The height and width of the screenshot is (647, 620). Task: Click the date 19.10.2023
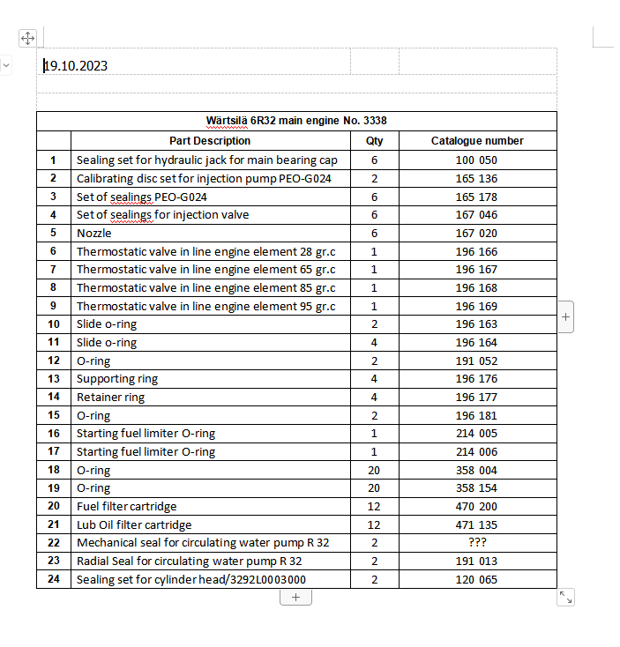click(x=76, y=65)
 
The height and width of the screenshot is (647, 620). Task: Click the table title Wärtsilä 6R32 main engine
click(x=296, y=121)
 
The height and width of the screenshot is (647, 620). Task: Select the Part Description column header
click(x=210, y=140)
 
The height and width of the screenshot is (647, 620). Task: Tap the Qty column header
click(x=374, y=140)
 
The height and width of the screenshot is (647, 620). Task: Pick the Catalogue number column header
click(x=477, y=140)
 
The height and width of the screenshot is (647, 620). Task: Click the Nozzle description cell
click(x=94, y=233)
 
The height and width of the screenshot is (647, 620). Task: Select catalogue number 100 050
click(x=477, y=160)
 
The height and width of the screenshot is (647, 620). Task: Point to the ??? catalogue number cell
click(x=477, y=542)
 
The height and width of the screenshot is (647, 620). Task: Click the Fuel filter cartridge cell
click(x=127, y=506)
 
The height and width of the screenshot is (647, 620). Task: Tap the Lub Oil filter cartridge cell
click(x=134, y=524)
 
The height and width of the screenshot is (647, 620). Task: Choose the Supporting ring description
click(x=117, y=379)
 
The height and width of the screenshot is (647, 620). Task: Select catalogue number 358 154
click(x=477, y=487)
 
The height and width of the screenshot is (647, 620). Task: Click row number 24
click(x=54, y=579)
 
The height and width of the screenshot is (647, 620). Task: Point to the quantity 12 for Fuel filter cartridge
click(x=374, y=506)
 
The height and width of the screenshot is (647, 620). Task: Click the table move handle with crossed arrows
click(x=27, y=38)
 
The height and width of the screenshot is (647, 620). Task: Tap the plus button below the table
click(x=295, y=597)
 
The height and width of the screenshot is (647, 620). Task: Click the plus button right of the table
click(x=566, y=315)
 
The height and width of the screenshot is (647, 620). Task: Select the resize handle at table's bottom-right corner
click(x=566, y=597)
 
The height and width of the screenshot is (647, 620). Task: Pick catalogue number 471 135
click(x=477, y=524)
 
